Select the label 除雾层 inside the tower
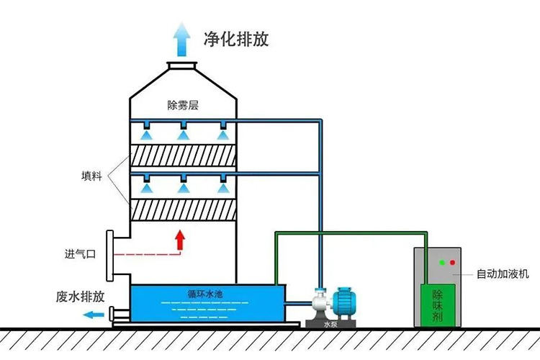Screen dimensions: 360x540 183,105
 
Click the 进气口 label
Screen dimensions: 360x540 79,253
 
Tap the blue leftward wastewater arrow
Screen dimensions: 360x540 91,314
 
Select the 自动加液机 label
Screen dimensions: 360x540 503,274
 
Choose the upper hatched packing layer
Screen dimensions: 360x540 184,157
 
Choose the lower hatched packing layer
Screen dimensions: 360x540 184,210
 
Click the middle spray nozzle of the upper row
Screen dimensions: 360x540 184,134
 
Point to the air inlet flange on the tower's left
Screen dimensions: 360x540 110,256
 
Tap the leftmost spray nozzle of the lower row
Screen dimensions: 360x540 147,186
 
